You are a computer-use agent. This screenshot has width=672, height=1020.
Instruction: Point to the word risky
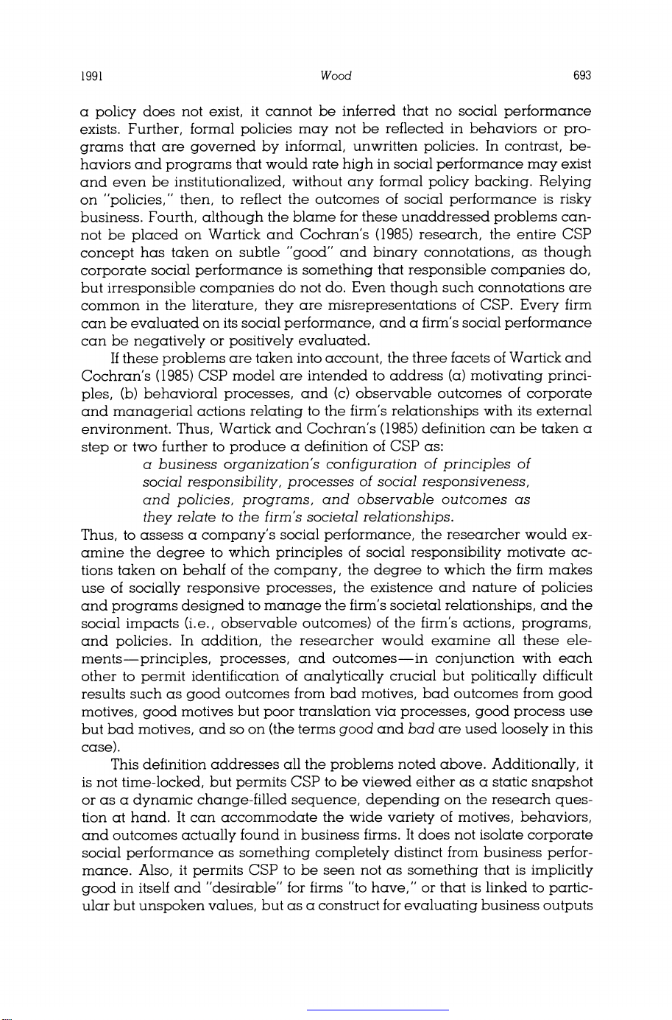576,199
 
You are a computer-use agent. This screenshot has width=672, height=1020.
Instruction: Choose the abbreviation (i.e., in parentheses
193,623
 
